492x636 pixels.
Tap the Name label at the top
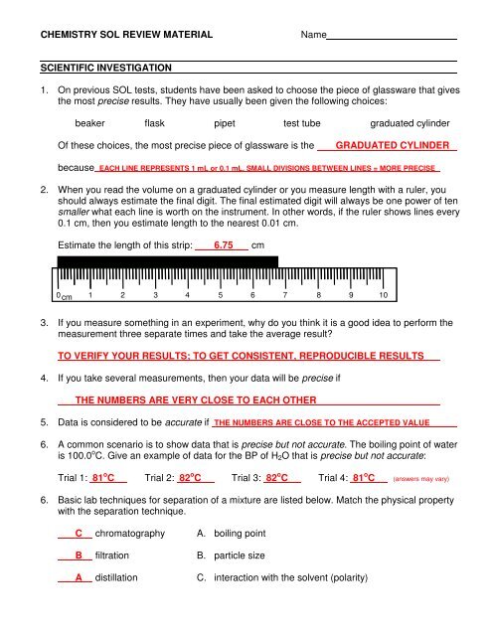tap(313, 35)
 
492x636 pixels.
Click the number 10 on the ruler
tap(382, 296)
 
